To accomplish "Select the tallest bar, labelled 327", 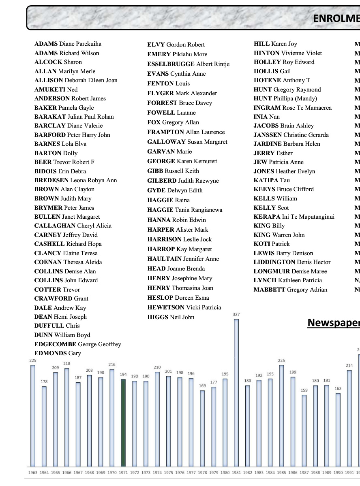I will coord(236,393).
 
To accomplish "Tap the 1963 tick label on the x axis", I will coord(33,473).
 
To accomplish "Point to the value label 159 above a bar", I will coord(304,390).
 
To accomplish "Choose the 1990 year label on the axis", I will coord(338,473).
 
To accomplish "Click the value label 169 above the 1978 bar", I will coord(202,386).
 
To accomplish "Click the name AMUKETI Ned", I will coord(56,90).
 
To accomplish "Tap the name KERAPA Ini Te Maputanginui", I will coord(294,217).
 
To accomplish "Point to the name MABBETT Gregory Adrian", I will coord(290,290).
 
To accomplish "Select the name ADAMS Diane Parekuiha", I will coord(68,44).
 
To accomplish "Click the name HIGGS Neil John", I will coord(171,317).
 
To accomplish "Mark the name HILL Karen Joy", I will coord(275,44).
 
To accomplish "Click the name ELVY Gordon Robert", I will coord(176,45).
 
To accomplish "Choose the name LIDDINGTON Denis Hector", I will coord(292,262).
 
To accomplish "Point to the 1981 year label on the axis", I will coord(236,473).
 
